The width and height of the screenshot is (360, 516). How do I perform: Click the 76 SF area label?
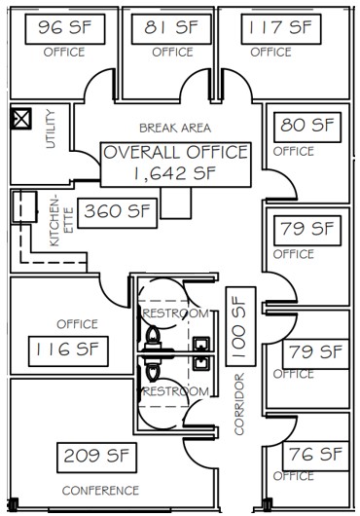pyautogui.click(x=315, y=456)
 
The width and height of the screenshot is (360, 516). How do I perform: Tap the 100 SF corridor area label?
pyautogui.click(x=240, y=326)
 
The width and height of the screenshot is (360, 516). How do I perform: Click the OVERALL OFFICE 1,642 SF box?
pyautogui.click(x=176, y=165)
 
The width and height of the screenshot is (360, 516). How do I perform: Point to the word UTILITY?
pyautogui.click(x=51, y=129)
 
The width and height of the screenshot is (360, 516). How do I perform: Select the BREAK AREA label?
pyautogui.click(x=175, y=128)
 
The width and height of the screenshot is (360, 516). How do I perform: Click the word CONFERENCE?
pyautogui.click(x=100, y=491)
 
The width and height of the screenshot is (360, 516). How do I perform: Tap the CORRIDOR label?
pyautogui.click(x=239, y=404)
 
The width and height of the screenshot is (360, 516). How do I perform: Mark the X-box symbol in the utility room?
pyautogui.click(x=21, y=119)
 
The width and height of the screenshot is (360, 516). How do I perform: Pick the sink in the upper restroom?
pyautogui.click(x=201, y=345)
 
